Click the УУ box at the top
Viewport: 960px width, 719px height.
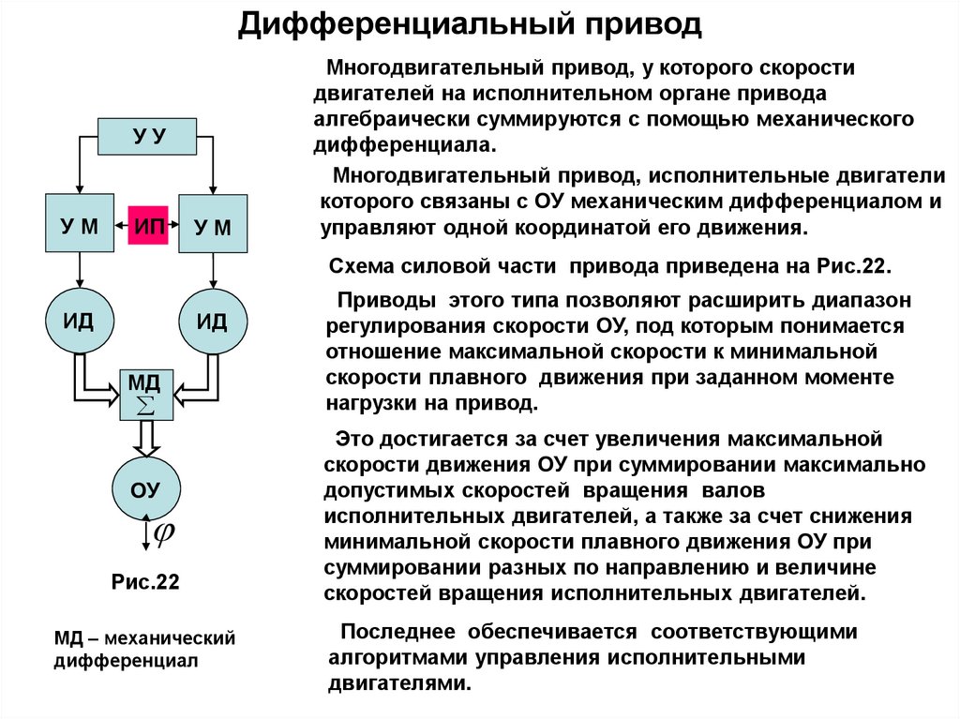point(147,136)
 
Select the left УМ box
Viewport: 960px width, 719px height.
point(80,224)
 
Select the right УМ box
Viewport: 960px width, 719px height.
point(213,224)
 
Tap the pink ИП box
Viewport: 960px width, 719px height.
point(147,225)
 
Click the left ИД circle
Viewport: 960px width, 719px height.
point(80,321)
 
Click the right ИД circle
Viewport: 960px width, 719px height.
point(213,321)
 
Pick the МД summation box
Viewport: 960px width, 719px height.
point(146,394)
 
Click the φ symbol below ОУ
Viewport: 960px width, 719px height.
point(164,532)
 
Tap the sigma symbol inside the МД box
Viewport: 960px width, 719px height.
point(146,404)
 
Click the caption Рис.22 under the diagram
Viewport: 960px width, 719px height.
point(145,582)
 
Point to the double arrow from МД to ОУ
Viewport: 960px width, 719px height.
point(146,436)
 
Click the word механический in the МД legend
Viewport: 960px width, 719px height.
point(169,638)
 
